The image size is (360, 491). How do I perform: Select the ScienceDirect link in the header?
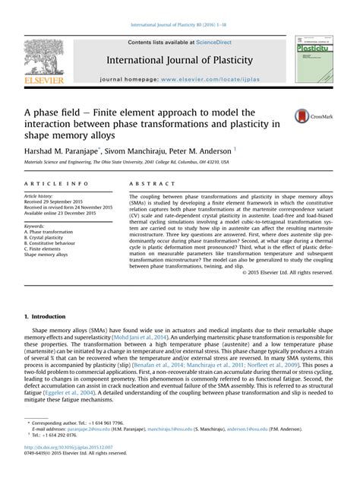(x=214, y=43)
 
